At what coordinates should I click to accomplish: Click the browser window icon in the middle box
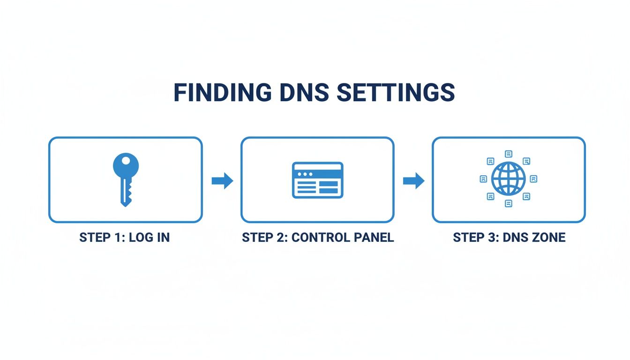(317, 180)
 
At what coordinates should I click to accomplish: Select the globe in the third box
(509, 179)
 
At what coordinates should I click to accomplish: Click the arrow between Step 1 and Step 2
(222, 180)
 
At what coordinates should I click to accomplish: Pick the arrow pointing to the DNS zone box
(413, 180)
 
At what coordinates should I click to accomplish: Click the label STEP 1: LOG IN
(124, 238)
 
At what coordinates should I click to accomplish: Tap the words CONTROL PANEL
(343, 238)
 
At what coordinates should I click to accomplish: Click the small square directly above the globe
(509, 154)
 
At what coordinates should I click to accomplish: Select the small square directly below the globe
(509, 203)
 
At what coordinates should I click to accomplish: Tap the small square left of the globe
(483, 179)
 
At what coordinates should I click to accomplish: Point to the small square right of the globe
(533, 179)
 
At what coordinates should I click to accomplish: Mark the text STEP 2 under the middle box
(264, 238)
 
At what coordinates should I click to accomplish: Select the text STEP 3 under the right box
(474, 238)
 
